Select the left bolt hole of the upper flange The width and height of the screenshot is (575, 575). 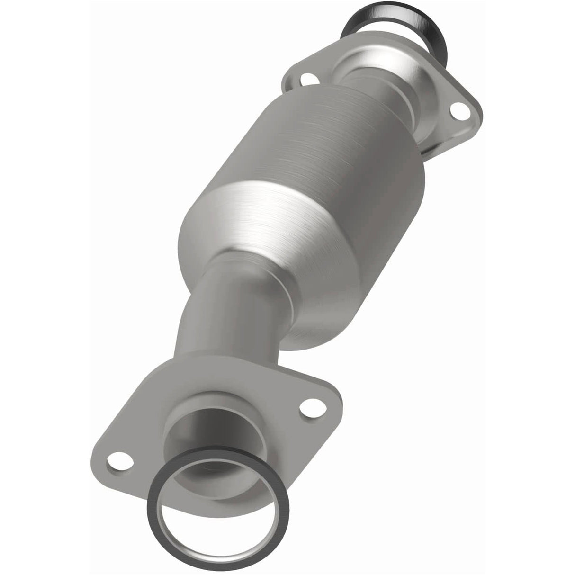309,79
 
